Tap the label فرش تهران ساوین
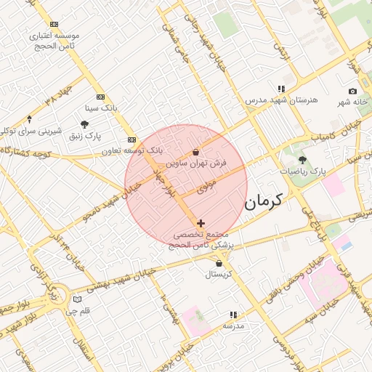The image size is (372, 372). pyautogui.click(x=196, y=164)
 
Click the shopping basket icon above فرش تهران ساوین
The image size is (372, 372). pyautogui.click(x=196, y=153)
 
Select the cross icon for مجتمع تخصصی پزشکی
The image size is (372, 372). pyautogui.click(x=201, y=223)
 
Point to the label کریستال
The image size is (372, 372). pyautogui.click(x=218, y=274)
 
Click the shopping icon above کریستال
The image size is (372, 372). pyautogui.click(x=219, y=263)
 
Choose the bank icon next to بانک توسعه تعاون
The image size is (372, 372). pyautogui.click(x=132, y=139)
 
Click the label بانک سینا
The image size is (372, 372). pyautogui.click(x=100, y=108)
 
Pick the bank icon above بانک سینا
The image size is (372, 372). pyautogui.click(x=100, y=97)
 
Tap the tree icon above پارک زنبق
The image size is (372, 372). pyautogui.click(x=85, y=124)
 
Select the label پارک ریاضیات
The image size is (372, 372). pyautogui.click(x=302, y=171)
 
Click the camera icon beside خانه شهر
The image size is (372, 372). pyautogui.click(x=352, y=92)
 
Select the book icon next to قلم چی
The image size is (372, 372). pyautogui.click(x=78, y=299)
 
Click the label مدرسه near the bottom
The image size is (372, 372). pyautogui.click(x=233, y=326)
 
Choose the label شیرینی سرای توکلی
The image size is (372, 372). pyautogui.click(x=29, y=130)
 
